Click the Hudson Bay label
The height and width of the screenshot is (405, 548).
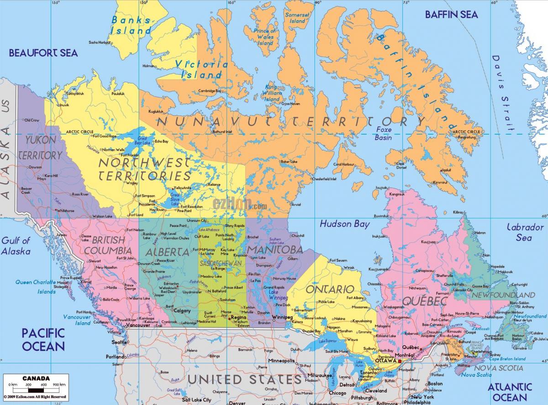click(344, 224)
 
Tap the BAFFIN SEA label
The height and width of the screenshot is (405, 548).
click(451, 15)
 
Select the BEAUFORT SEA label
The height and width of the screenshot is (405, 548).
click(43, 53)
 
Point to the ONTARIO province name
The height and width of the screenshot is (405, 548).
click(330, 289)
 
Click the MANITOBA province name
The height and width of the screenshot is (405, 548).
click(274, 250)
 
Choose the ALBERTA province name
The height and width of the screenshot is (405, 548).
click(167, 252)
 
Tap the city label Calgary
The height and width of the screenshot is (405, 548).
click(182, 310)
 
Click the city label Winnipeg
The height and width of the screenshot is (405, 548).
click(282, 317)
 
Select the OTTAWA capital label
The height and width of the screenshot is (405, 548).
click(385, 361)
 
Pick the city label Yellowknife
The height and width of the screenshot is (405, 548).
click(183, 188)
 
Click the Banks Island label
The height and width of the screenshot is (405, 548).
click(131, 25)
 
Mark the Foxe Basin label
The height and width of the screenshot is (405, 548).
click(383, 134)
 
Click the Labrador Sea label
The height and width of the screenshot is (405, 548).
click(523, 232)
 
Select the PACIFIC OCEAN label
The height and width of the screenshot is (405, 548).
click(43, 339)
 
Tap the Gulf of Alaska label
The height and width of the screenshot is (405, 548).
click(16, 246)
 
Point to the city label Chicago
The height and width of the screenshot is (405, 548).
click(337, 393)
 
